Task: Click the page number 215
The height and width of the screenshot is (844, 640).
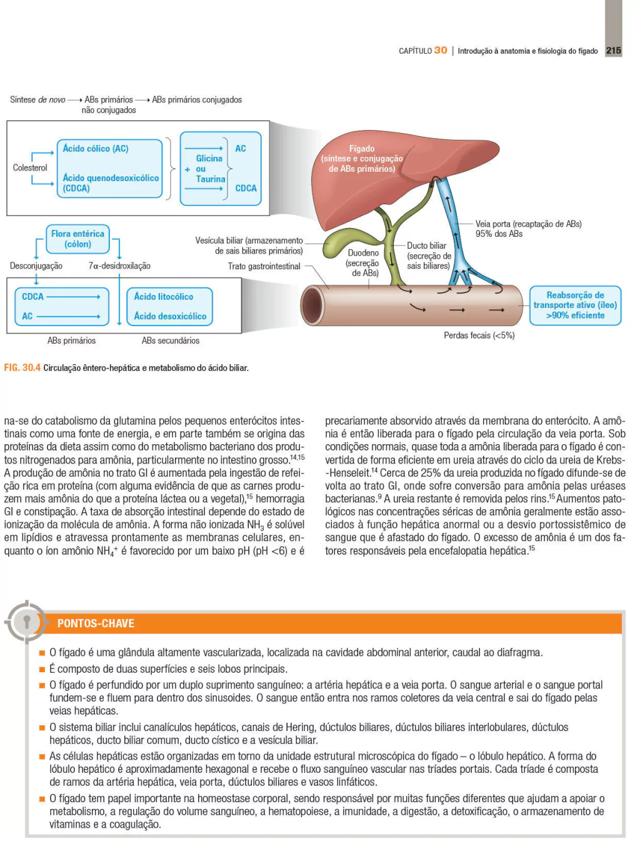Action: click(x=614, y=51)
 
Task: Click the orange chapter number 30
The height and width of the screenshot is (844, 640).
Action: click(x=441, y=51)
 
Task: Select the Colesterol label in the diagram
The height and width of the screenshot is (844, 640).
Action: click(x=30, y=167)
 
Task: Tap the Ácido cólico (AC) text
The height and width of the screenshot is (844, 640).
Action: click(x=96, y=149)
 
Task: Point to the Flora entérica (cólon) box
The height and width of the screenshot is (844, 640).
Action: click(x=77, y=239)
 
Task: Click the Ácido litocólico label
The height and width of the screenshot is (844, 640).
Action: click(x=164, y=297)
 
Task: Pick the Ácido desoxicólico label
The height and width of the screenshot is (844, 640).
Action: click(x=170, y=316)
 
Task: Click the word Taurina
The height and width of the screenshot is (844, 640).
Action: click(x=211, y=179)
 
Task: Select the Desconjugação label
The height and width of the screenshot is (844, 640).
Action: click(x=36, y=266)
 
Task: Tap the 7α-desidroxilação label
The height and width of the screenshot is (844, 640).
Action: click(x=119, y=266)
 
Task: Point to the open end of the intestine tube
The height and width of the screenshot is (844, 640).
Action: click(x=312, y=305)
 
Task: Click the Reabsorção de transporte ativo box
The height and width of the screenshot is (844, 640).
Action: click(x=575, y=305)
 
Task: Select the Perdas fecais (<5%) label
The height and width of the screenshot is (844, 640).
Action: click(x=479, y=335)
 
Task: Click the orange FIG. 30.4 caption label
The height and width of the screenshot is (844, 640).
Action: click(x=22, y=367)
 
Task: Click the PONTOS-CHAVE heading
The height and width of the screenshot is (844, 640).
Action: click(x=96, y=623)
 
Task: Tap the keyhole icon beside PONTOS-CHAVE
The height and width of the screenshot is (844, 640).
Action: click(x=26, y=622)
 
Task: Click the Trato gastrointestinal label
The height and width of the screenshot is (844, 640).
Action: click(x=264, y=266)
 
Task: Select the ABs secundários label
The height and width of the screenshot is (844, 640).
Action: click(x=171, y=340)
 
